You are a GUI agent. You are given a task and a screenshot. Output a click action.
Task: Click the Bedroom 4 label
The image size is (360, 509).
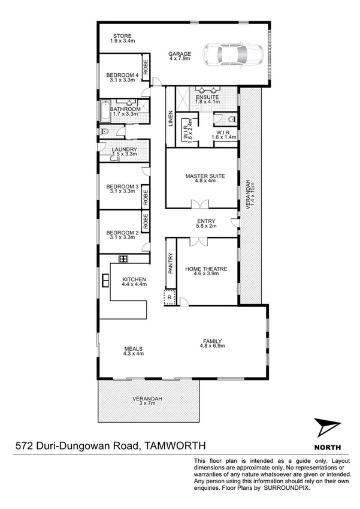(x=122, y=75)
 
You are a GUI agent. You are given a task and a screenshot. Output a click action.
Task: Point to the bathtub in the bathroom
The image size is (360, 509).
(x=106, y=112)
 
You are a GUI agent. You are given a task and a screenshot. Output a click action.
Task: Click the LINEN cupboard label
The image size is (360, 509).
(x=170, y=118)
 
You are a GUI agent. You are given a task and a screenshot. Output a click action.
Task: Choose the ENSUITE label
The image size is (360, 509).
(x=207, y=97)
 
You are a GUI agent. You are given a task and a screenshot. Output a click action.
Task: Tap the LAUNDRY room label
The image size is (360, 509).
(x=125, y=150)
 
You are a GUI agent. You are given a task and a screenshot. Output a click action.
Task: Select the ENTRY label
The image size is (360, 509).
(x=202, y=222)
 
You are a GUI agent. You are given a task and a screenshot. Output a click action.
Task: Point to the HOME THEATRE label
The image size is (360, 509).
(x=206, y=269)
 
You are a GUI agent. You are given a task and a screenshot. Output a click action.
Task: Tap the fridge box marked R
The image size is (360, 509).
(x=169, y=297)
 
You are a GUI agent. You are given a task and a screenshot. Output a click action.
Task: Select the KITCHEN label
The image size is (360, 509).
(x=134, y=280)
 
